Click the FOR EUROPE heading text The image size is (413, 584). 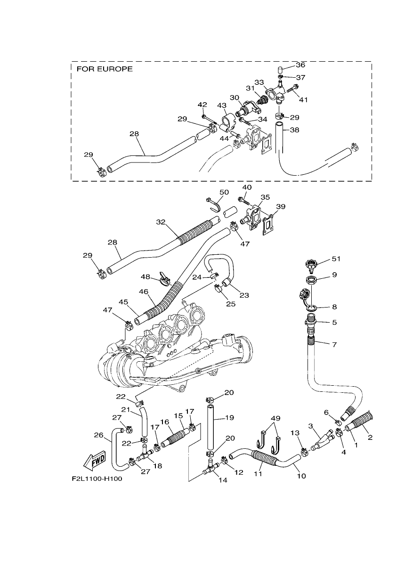(x=105, y=69)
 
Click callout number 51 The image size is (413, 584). (x=336, y=259)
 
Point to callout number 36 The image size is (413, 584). (x=300, y=65)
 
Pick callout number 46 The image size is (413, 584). (x=144, y=291)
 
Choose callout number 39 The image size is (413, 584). (x=281, y=206)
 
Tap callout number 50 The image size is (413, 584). (x=224, y=192)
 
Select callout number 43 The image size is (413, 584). (x=222, y=105)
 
